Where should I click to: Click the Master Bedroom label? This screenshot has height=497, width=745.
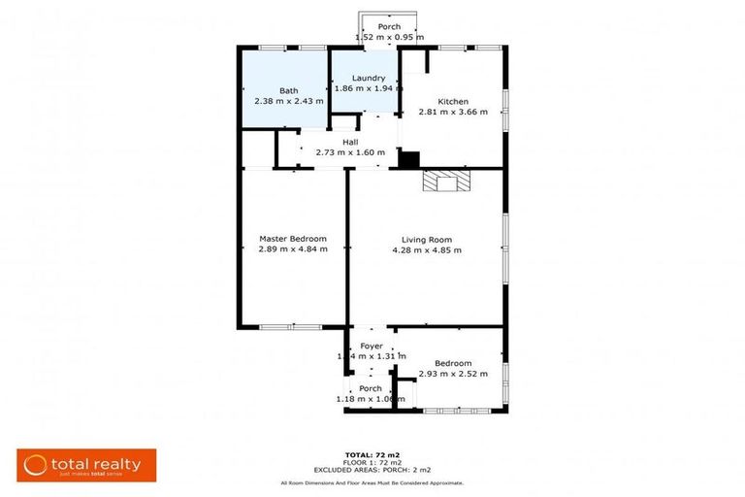click(x=292, y=238)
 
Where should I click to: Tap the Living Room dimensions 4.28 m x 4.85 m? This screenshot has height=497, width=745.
click(x=427, y=249)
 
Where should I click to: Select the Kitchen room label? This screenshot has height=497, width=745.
click(x=453, y=101)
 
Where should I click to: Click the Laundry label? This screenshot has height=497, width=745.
click(x=369, y=78)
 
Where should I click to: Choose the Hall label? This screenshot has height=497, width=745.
click(x=350, y=142)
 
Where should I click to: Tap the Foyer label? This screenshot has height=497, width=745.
click(x=372, y=346)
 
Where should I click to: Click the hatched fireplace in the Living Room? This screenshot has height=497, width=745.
click(x=444, y=183)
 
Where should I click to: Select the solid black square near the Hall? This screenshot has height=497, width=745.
click(x=409, y=159)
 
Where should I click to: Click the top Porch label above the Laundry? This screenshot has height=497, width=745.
click(x=389, y=26)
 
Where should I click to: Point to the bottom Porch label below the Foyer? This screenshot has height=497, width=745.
click(x=371, y=388)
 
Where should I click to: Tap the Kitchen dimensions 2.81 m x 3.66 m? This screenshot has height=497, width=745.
click(x=453, y=112)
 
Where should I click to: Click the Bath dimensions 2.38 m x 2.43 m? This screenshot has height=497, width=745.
click(x=288, y=100)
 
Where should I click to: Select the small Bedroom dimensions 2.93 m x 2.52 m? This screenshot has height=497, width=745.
click(x=453, y=374)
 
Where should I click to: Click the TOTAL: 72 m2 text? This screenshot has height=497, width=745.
click(x=372, y=454)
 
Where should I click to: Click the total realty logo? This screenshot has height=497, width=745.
click(x=86, y=465)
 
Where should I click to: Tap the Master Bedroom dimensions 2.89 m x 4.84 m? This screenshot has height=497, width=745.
click(x=292, y=249)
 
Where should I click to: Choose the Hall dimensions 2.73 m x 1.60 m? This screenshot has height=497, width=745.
click(x=350, y=152)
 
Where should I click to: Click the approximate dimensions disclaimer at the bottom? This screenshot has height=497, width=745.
click(x=372, y=482)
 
